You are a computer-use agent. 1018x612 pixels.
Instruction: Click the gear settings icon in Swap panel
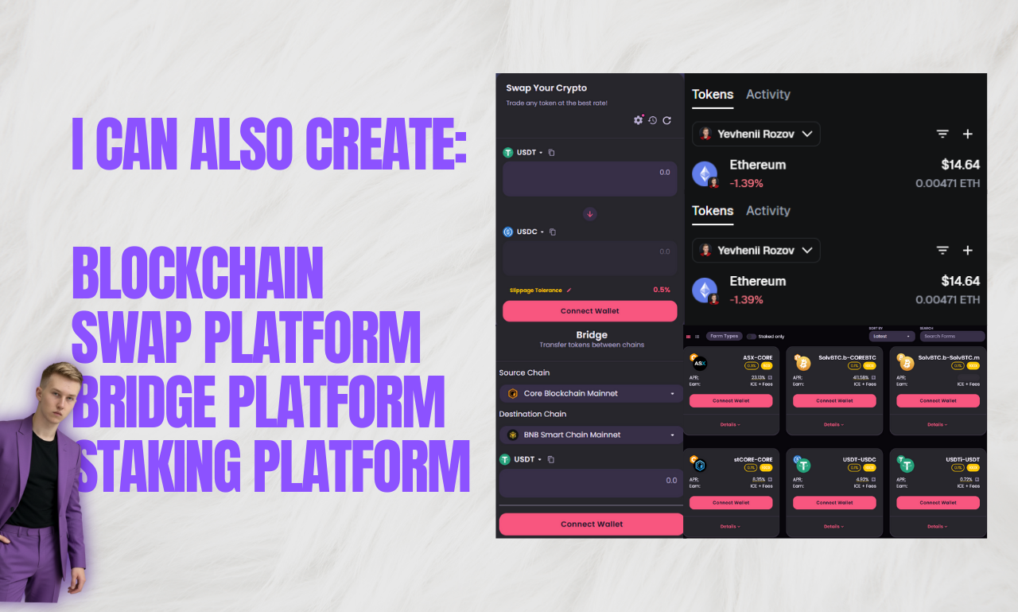point(638,119)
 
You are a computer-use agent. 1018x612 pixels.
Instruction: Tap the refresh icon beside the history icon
point(666,120)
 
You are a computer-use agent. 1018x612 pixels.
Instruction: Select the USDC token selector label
point(527,232)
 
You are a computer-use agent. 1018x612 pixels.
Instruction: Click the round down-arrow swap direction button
point(589,213)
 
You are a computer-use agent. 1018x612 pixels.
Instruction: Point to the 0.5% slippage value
point(662,290)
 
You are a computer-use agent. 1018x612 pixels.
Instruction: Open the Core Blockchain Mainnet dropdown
point(591,393)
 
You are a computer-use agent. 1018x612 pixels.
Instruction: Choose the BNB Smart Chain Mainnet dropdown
point(591,435)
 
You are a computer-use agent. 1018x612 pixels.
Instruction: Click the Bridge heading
point(592,335)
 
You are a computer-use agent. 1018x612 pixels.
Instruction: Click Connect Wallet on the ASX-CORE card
point(731,400)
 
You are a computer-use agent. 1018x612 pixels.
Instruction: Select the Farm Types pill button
point(724,337)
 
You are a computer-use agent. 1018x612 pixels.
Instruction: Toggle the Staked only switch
point(752,337)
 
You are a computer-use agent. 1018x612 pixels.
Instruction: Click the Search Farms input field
point(952,336)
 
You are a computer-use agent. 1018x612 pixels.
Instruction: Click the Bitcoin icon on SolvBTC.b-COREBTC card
point(802,364)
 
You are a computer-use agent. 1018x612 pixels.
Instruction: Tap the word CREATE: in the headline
point(386,144)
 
